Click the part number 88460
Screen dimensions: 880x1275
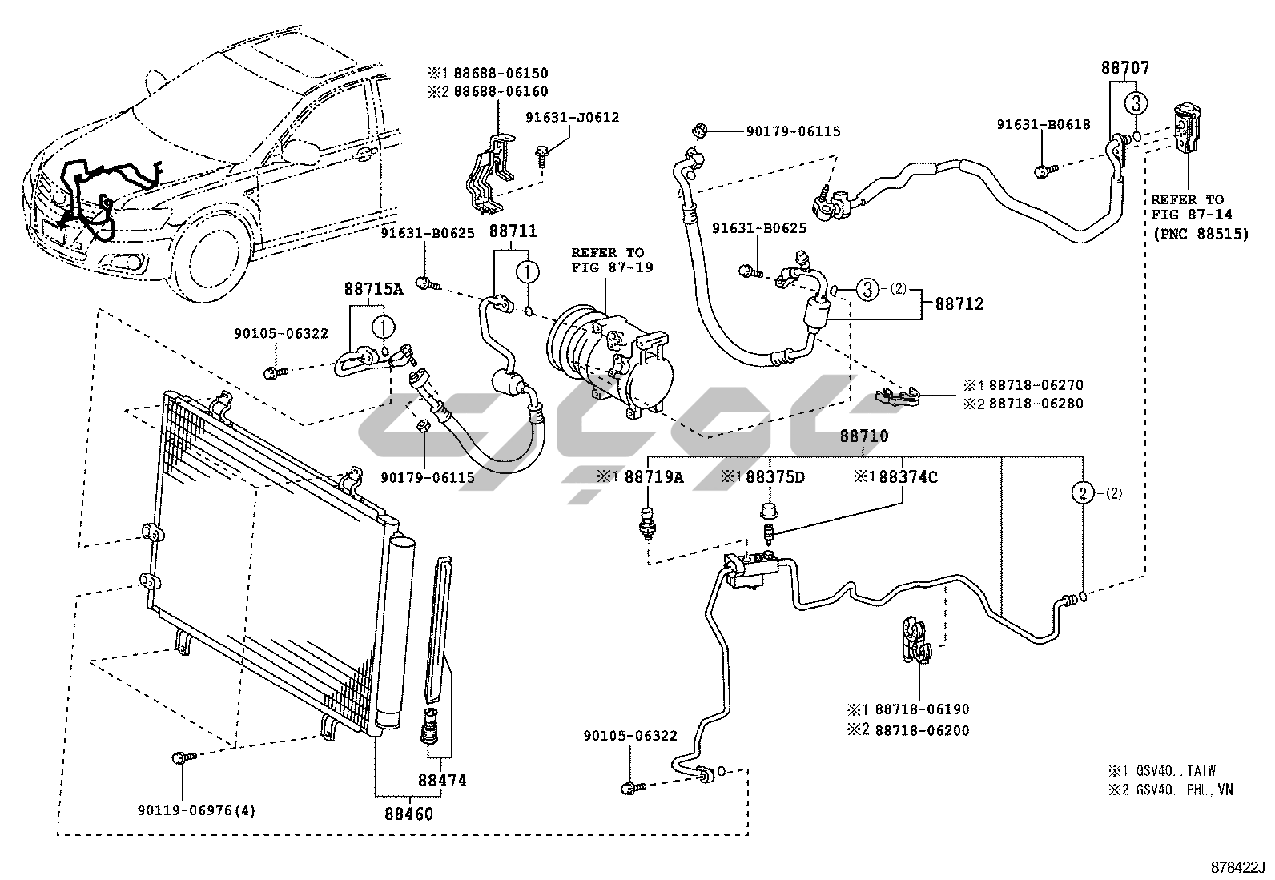pyautogui.click(x=408, y=814)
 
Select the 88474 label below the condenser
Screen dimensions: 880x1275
pyautogui.click(x=441, y=780)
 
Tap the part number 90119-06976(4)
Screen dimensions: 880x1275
pyautogui.click(x=195, y=810)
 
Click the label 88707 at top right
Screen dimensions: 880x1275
pyautogui.click(x=1124, y=69)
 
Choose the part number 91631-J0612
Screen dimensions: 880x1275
pyautogui.click(x=572, y=118)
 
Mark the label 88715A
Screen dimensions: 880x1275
pyautogui.click(x=374, y=289)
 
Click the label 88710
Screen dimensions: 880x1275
pyautogui.click(x=863, y=436)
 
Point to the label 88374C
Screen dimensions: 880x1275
pyautogui.click(x=907, y=477)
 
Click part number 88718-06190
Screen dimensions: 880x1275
pyautogui.click(x=922, y=709)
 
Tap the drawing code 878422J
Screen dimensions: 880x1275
pyautogui.click(x=1237, y=867)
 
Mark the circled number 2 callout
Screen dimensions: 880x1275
pyautogui.click(x=1083, y=493)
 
